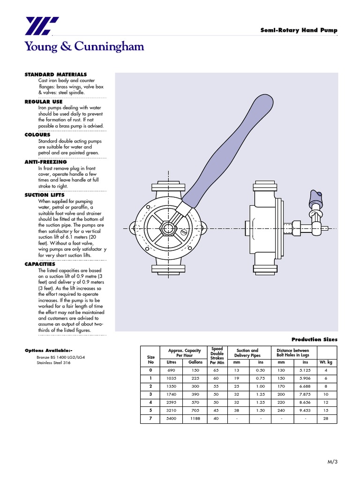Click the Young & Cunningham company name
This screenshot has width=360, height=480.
point(84,46)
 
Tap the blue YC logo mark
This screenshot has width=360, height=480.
point(42,26)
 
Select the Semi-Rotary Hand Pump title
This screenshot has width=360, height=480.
point(299,30)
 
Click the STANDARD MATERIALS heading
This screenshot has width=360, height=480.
point(55,75)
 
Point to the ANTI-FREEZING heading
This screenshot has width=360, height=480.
point(45,162)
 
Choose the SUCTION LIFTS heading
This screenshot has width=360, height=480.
point(45,195)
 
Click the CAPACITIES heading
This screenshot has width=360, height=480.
point(40,264)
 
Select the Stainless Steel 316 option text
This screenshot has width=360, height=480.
point(53,362)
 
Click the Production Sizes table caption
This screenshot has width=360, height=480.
point(314,339)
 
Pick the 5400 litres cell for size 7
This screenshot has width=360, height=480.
point(171,419)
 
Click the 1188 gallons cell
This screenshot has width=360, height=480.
point(195,419)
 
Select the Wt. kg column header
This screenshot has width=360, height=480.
point(326,362)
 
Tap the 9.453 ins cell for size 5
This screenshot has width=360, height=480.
point(305,410)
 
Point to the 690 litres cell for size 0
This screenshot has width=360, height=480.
point(171,370)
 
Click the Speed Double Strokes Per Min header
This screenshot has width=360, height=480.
point(217,356)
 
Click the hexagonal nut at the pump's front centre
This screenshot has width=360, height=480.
point(167,228)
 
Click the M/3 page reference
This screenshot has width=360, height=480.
point(332,462)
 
